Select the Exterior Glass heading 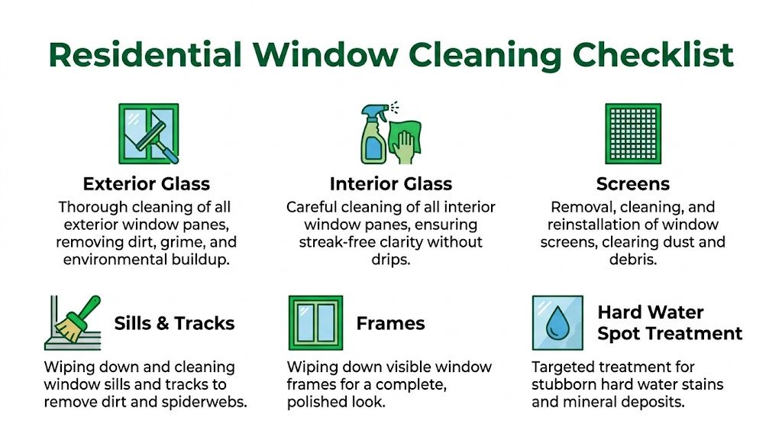pyautogui.click(x=146, y=183)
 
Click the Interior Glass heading pyautogui.click(x=390, y=183)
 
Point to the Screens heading pyautogui.click(x=632, y=183)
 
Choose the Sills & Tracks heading pyautogui.click(x=174, y=322)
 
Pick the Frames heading pyautogui.click(x=390, y=322)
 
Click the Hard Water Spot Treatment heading pyautogui.click(x=670, y=322)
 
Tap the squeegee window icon pyautogui.click(x=148, y=134)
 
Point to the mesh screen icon pyautogui.click(x=632, y=134)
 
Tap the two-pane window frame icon pyautogui.click(x=315, y=322)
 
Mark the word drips pyautogui.click(x=390, y=260)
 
